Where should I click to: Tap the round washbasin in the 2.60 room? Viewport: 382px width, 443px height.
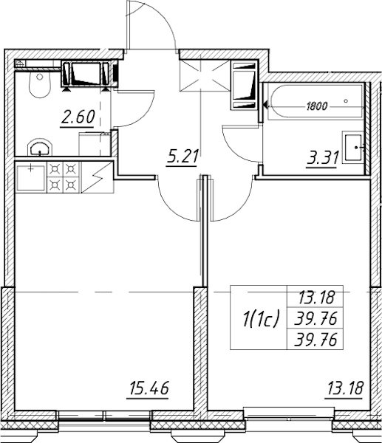pos(40,147)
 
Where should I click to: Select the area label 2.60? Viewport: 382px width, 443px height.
pos(77,117)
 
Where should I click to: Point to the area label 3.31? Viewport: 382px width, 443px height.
pos(323,158)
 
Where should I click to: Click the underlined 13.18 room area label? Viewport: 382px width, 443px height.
pos(344,388)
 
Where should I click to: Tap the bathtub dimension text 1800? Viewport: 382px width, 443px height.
pos(317,106)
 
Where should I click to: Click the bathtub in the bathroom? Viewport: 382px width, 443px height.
pos(313,101)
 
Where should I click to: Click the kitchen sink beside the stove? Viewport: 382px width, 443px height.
pos(30,178)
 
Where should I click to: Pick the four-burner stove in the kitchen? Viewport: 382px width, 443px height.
pos(64,177)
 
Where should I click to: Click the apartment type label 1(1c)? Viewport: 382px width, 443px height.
pos(259,318)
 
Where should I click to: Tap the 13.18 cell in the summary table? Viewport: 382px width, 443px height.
pos(316,297)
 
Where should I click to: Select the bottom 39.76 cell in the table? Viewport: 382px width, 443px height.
pos(316,340)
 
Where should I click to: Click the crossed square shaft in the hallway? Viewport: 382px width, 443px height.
pos(205,75)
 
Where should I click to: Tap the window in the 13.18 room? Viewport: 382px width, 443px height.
pos(289,412)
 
